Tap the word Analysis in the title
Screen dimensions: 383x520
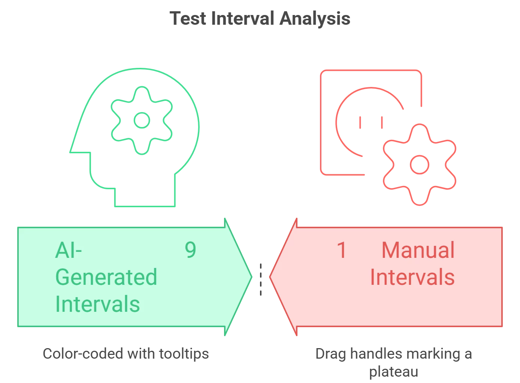tap(315, 19)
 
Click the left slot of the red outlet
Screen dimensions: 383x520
tap(360, 122)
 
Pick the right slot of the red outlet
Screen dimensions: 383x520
tap(382, 122)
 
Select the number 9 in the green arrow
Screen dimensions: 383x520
tap(191, 250)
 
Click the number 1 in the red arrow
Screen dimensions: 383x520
tap(342, 250)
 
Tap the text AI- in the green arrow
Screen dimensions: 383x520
tap(68, 250)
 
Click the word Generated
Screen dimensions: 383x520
tap(106, 277)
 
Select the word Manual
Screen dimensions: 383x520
tap(418, 250)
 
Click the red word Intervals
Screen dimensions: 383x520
tap(412, 277)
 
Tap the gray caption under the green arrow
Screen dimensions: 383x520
tap(126, 354)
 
